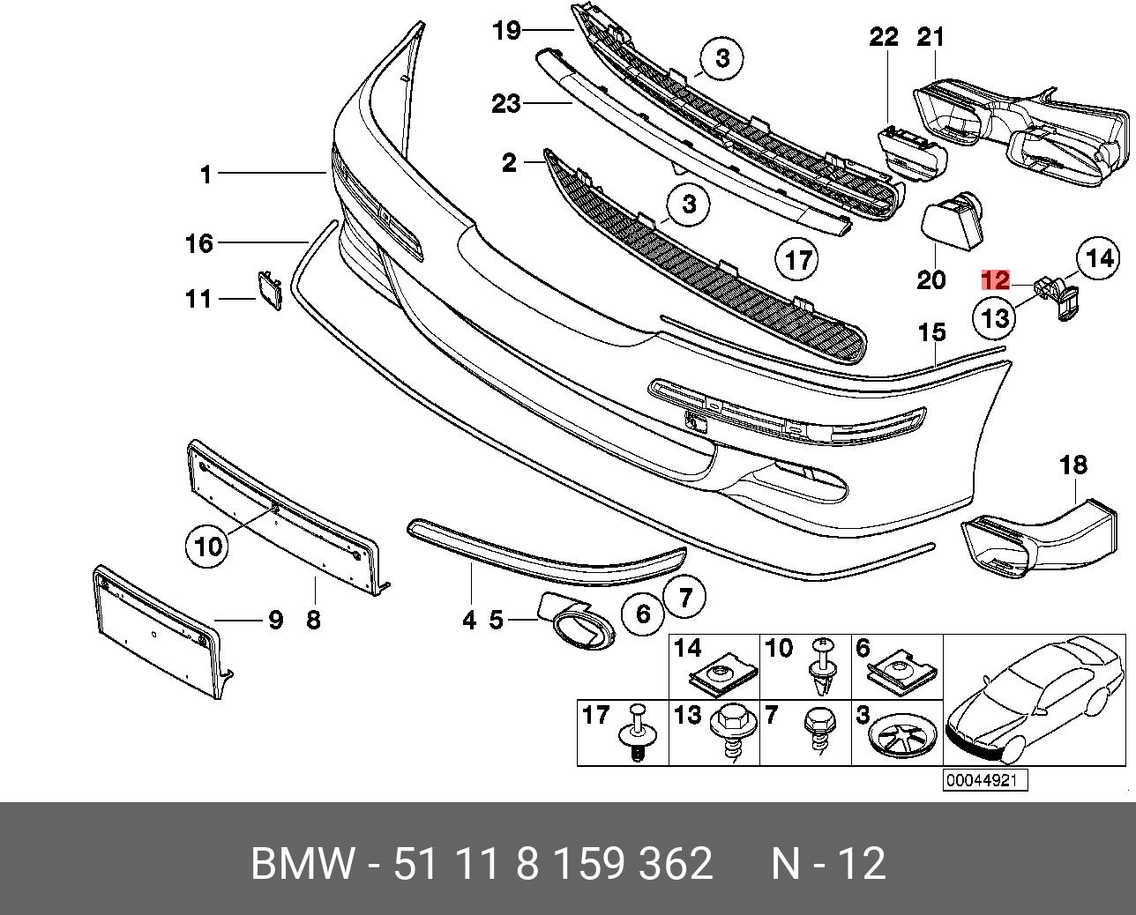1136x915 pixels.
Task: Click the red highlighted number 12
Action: (x=995, y=281)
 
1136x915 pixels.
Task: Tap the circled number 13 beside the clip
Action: (x=995, y=317)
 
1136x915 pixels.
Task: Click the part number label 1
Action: (x=206, y=175)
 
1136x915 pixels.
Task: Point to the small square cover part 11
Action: (x=268, y=289)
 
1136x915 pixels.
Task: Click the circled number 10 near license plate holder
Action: (x=208, y=547)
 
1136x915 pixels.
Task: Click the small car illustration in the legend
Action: (x=1034, y=701)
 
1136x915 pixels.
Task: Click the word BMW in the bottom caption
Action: (x=303, y=864)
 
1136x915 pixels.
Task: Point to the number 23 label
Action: (x=506, y=104)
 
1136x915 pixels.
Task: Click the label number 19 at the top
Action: (x=506, y=32)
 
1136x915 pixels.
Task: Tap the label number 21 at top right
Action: (x=930, y=37)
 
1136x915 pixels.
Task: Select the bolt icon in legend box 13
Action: (x=731, y=732)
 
